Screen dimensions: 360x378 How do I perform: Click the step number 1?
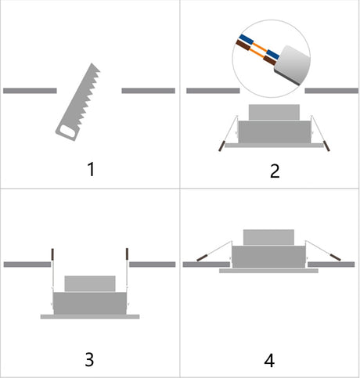[91, 169]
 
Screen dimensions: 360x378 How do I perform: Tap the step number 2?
[275, 171]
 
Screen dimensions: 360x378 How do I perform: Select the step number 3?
[89, 359]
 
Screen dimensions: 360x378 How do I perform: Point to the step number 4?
[269, 360]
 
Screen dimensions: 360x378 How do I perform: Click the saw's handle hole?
[67, 131]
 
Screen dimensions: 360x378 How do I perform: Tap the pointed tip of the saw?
[92, 63]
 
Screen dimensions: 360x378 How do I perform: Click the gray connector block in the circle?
[292, 65]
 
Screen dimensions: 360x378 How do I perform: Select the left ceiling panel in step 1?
[30, 91]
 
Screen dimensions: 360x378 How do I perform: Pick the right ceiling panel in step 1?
[148, 91]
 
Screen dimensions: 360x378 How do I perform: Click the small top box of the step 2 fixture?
[274, 113]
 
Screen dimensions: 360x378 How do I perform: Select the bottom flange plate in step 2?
[274, 146]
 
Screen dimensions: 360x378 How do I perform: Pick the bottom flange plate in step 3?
[90, 317]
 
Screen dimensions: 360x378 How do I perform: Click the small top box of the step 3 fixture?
[90, 283]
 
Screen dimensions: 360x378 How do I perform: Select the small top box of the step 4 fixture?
[268, 237]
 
